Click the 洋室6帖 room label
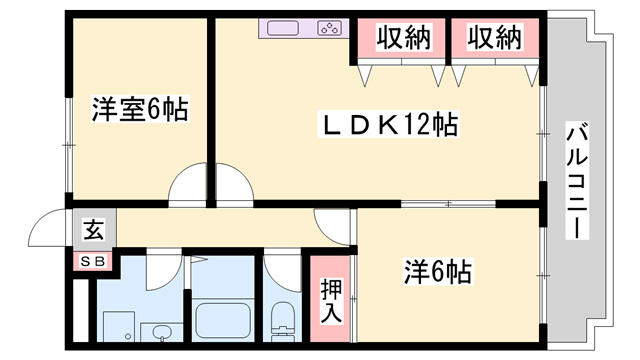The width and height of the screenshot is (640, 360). click(x=141, y=109)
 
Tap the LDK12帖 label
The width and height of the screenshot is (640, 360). click(x=388, y=125)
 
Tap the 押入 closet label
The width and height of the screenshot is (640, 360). click(x=331, y=299)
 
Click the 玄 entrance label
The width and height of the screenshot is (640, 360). click(x=91, y=231)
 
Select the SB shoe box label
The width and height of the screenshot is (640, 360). click(x=91, y=262)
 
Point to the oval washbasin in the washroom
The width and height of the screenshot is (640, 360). click(x=160, y=331)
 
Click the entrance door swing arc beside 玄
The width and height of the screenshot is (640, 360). click(x=48, y=230)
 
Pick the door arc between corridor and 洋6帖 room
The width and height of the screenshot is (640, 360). click(x=335, y=226)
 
